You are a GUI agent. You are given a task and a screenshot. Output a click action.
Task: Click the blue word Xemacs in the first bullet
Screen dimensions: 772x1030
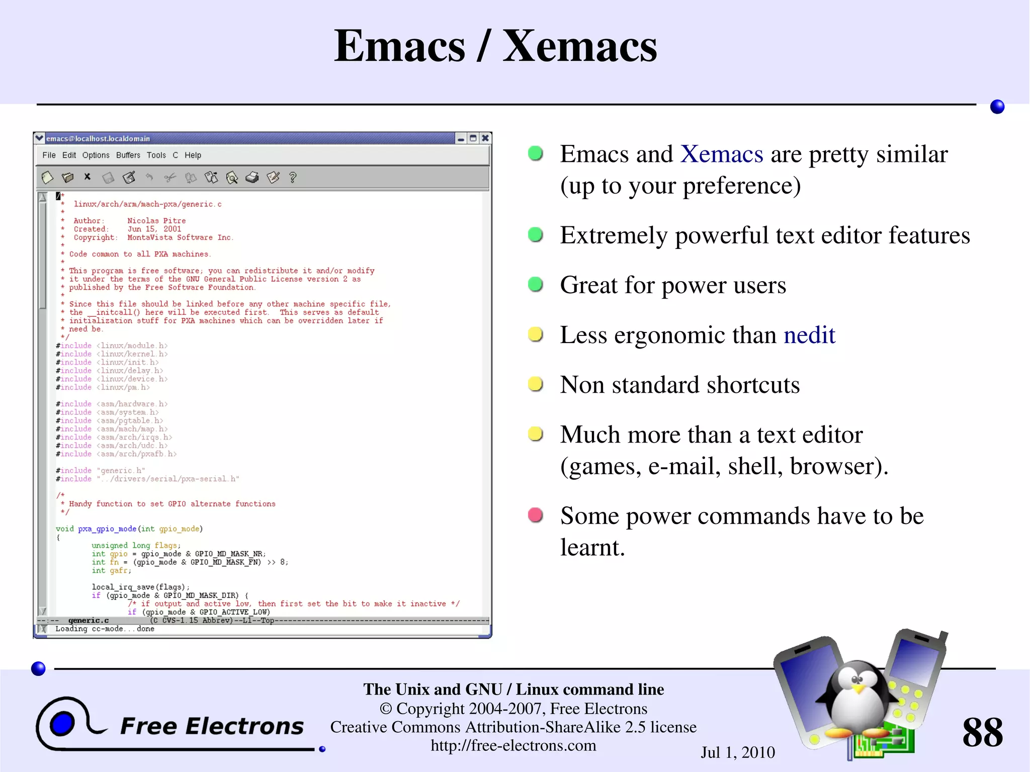722,154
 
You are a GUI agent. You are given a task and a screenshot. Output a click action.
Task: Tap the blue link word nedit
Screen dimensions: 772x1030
809,335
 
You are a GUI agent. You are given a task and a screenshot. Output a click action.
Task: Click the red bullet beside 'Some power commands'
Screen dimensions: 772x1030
535,515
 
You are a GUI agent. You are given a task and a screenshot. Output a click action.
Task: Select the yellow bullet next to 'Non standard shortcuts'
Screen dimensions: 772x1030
535,384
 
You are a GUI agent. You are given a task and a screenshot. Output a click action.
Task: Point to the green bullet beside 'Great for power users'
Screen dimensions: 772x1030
535,285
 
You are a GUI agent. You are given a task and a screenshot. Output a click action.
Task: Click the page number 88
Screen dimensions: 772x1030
982,732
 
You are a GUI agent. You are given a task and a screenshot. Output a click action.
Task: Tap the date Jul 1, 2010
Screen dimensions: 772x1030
737,752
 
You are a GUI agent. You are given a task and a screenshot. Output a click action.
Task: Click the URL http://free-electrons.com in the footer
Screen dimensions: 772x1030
513,745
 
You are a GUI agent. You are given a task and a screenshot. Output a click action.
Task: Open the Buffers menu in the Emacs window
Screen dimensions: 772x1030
128,155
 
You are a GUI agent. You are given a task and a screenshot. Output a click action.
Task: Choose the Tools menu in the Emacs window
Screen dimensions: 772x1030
156,155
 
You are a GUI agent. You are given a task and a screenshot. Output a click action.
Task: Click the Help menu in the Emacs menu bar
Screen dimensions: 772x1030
193,155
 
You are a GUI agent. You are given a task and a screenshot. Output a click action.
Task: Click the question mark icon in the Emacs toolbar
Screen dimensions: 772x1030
293,178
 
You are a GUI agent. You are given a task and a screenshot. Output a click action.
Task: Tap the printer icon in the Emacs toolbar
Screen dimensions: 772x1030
252,178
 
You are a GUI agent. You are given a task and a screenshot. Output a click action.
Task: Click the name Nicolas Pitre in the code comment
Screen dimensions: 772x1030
156,221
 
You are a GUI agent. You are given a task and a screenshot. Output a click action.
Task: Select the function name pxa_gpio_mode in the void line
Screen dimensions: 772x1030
107,529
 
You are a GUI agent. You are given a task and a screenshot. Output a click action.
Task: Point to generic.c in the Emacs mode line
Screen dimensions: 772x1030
89,621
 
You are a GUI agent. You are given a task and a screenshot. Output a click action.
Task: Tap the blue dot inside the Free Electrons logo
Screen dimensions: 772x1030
62,724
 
